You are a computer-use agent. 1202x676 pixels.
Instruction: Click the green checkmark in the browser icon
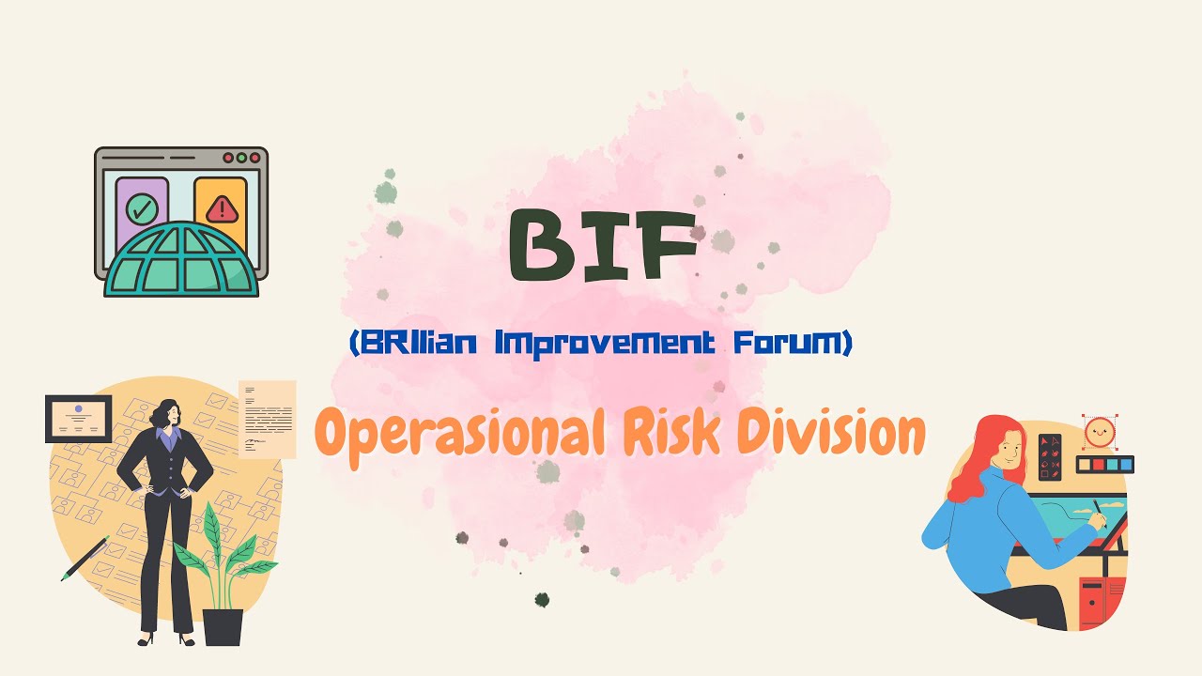(142, 208)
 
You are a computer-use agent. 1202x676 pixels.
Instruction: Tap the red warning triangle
(221, 208)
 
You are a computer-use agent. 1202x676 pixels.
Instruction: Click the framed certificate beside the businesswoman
(79, 419)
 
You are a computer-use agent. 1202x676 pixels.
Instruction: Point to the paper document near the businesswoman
(267, 419)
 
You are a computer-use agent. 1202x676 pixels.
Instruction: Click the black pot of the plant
(223, 626)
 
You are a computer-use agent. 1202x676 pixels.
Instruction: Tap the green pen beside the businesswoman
(85, 559)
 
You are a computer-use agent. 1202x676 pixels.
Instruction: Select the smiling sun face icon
(1098, 433)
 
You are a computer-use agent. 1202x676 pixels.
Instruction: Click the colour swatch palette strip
(1104, 464)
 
